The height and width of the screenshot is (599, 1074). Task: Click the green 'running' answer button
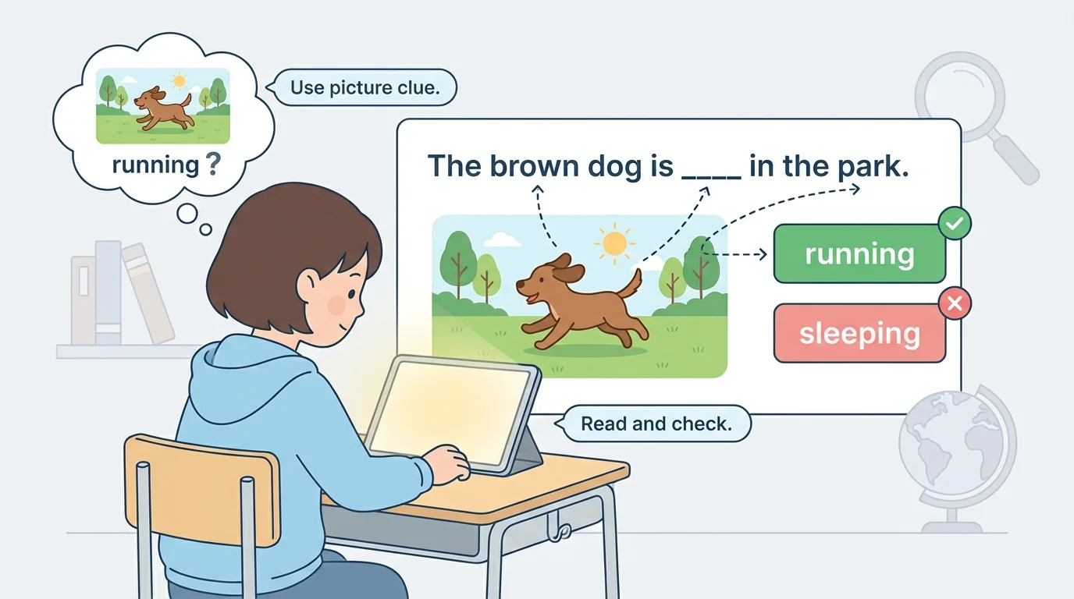859,253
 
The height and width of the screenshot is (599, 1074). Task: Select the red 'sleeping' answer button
859,334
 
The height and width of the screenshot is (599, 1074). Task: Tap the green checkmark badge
954,224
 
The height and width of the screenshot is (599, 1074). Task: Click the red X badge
954,303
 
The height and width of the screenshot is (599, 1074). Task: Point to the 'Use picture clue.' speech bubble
365,88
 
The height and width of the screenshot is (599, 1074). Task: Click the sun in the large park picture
615,244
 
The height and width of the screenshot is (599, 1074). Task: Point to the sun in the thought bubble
180,80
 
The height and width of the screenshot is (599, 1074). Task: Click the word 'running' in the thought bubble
155,165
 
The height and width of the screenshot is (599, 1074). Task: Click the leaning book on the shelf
148,292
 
